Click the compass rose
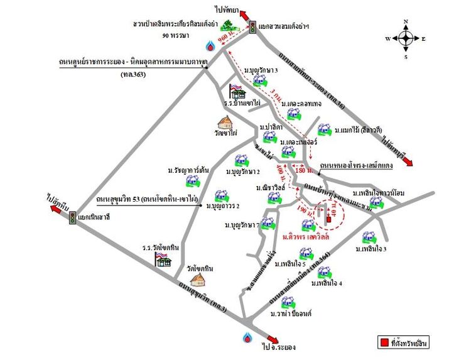(x=406, y=38)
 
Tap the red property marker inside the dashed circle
(x=327, y=219)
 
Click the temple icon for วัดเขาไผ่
(x=224, y=123)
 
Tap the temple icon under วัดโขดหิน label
(x=198, y=278)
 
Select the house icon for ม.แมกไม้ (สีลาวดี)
(x=323, y=130)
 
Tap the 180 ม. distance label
(x=303, y=170)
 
